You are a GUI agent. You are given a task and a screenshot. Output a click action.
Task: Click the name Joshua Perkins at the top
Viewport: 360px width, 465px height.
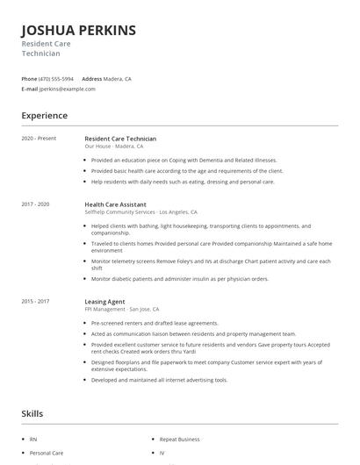[x=79, y=31]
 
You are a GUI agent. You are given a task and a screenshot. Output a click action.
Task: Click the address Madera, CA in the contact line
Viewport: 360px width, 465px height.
[x=118, y=79]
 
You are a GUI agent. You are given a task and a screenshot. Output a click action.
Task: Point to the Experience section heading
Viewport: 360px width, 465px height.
[x=45, y=115]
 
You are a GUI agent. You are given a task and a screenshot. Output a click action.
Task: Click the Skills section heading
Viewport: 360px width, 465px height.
[x=32, y=412]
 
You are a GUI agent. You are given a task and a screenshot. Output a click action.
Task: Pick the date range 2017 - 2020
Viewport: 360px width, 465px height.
[x=36, y=204]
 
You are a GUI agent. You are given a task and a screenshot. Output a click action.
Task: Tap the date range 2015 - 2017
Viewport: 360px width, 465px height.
[x=36, y=302]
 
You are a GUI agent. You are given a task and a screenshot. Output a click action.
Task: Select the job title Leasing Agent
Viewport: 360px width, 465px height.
[x=105, y=302]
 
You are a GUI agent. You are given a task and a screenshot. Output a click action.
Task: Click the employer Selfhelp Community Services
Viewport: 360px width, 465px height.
[x=120, y=211]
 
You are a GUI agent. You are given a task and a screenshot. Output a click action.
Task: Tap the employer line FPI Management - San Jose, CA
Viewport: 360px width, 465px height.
[x=122, y=309]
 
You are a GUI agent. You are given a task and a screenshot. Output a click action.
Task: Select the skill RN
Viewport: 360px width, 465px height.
[x=33, y=438]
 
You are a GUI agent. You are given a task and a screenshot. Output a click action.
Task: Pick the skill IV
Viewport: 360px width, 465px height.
[x=162, y=454]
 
